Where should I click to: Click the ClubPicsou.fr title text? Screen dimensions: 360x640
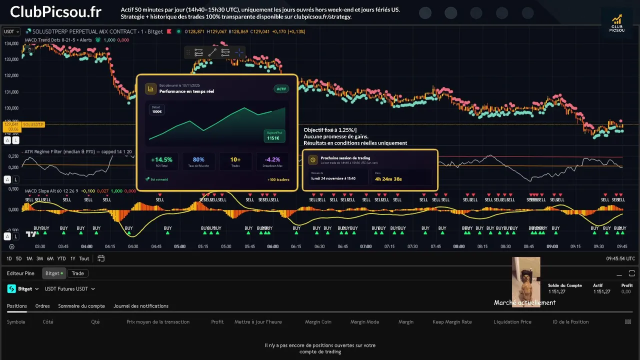click(x=55, y=11)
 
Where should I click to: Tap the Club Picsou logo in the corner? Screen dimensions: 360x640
click(x=616, y=23)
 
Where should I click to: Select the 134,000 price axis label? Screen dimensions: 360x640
click(x=11, y=43)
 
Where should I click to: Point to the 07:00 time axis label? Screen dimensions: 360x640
click(x=365, y=246)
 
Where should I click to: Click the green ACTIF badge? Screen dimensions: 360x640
click(x=281, y=89)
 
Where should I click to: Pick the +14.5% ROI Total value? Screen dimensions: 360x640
click(x=161, y=160)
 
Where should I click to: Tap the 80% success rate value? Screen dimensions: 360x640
click(x=198, y=160)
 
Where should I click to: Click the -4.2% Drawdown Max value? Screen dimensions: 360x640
click(x=272, y=160)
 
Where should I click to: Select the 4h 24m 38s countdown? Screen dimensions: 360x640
click(x=388, y=178)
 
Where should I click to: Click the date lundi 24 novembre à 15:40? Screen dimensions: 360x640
click(x=333, y=178)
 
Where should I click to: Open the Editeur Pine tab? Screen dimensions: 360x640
click(x=20, y=273)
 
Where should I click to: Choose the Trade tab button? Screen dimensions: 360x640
click(x=77, y=273)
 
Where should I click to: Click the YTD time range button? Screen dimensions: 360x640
click(x=61, y=258)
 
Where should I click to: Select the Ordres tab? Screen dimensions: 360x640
click(x=42, y=306)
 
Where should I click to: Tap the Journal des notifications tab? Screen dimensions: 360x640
click(x=141, y=306)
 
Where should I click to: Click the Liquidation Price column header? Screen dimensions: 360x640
click(x=512, y=322)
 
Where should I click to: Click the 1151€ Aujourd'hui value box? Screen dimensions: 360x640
click(x=274, y=136)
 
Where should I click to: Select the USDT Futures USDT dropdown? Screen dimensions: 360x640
click(x=69, y=289)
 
